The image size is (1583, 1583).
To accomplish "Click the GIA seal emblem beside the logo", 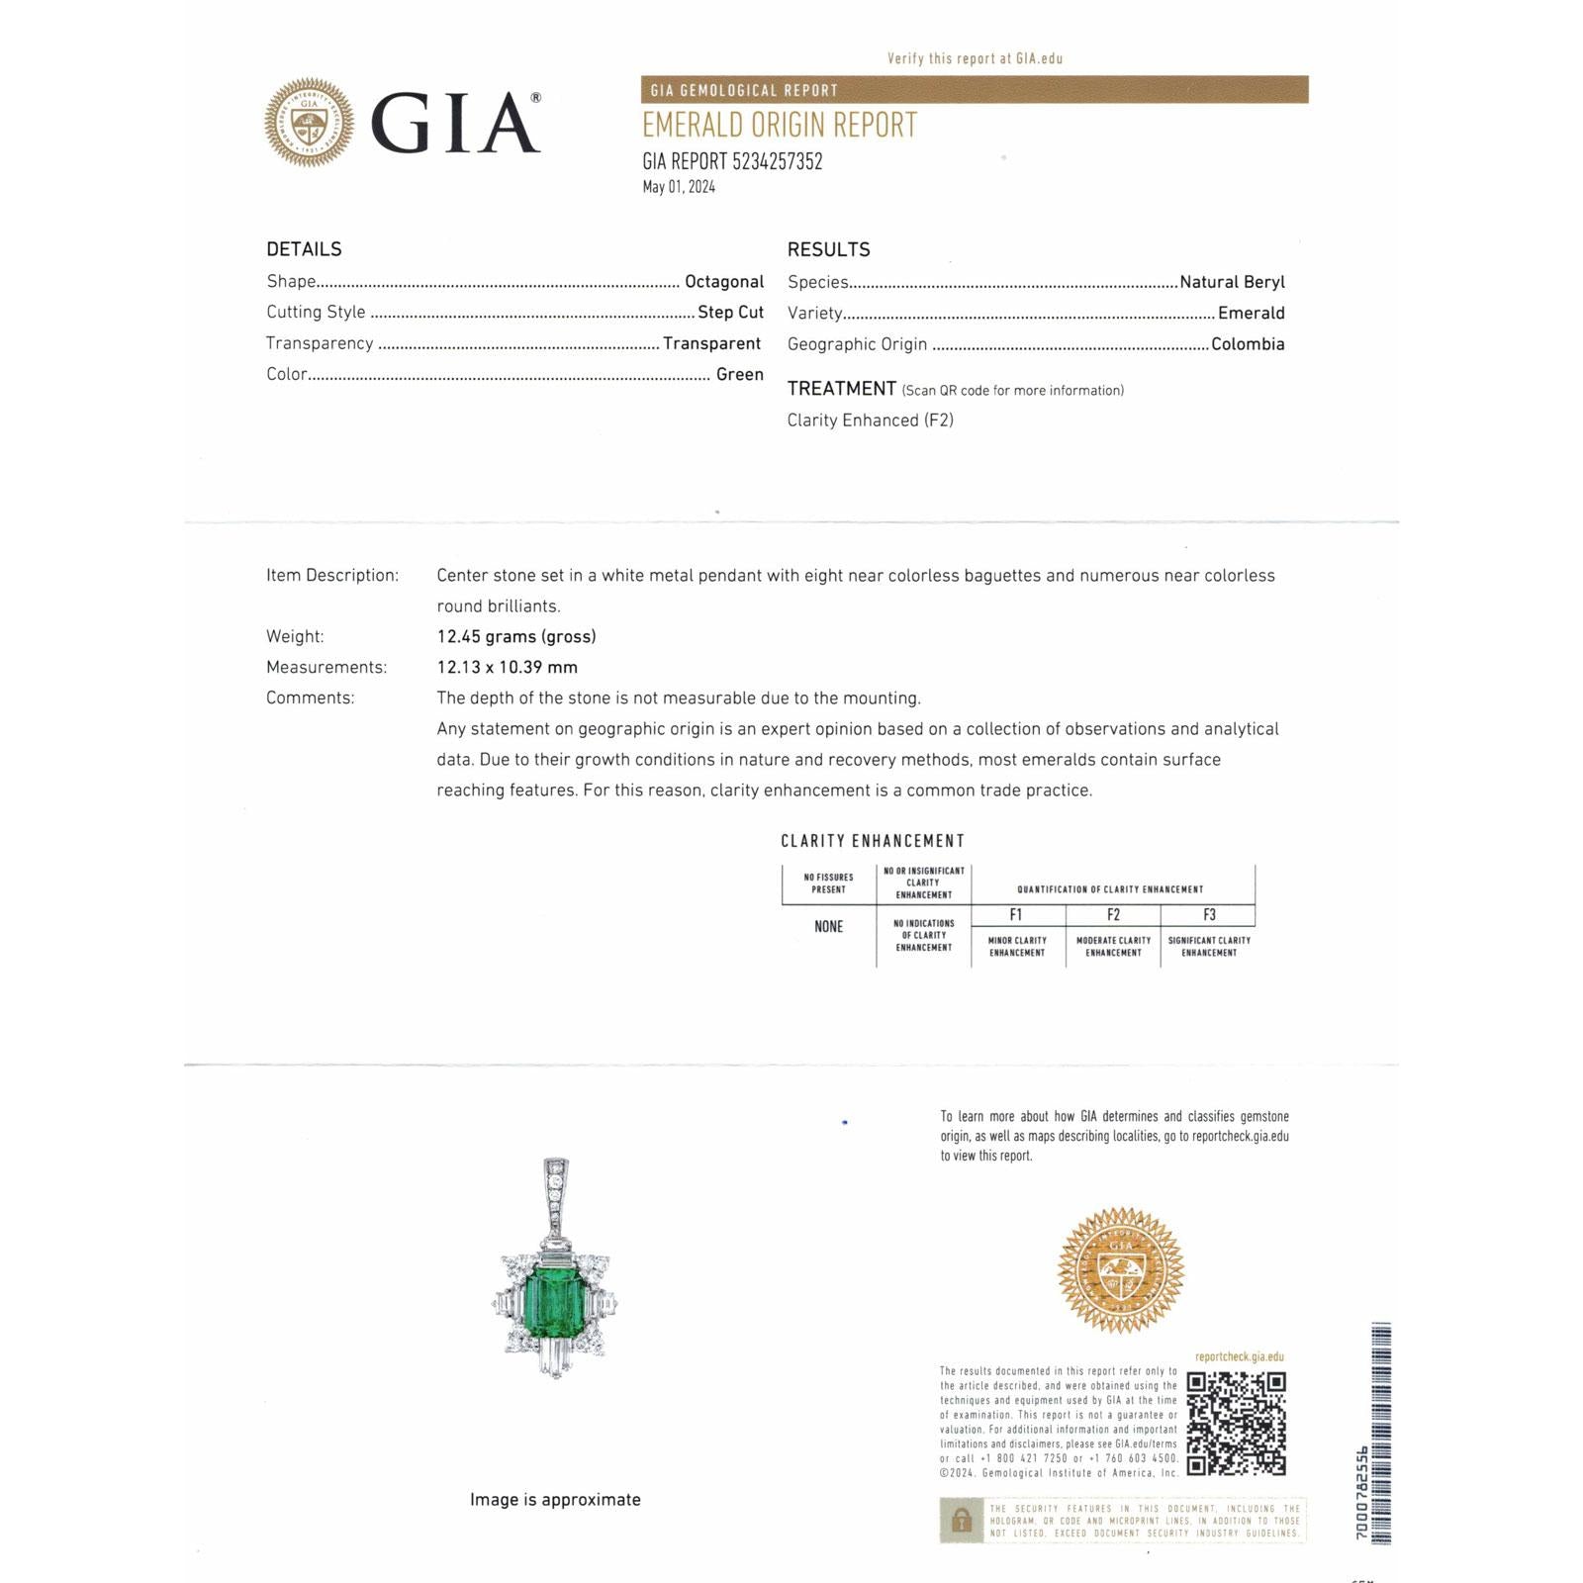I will [309, 122].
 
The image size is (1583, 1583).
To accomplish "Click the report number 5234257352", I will [777, 162].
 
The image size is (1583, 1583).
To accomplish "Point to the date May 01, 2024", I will [679, 187].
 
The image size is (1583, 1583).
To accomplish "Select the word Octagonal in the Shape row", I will [724, 282].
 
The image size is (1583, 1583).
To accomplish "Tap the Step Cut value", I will [730, 313].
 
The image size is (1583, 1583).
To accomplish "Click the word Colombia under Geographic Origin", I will [1248, 344].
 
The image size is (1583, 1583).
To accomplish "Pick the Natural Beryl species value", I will [1232, 282].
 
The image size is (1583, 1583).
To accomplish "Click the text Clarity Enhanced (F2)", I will [871, 420].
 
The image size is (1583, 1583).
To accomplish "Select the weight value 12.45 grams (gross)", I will [516, 636].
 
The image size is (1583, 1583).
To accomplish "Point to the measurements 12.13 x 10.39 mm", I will [508, 667].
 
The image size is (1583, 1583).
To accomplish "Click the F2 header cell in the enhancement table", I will [1113, 915].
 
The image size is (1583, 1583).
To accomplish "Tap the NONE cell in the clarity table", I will [829, 927].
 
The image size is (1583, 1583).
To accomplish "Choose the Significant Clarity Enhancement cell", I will [1209, 947].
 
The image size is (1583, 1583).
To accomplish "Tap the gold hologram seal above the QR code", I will [1120, 1270].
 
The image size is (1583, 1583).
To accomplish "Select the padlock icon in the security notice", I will [961, 1521].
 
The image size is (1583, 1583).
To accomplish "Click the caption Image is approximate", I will [555, 1500].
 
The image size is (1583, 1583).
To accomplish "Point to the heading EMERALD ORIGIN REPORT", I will [780, 126].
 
